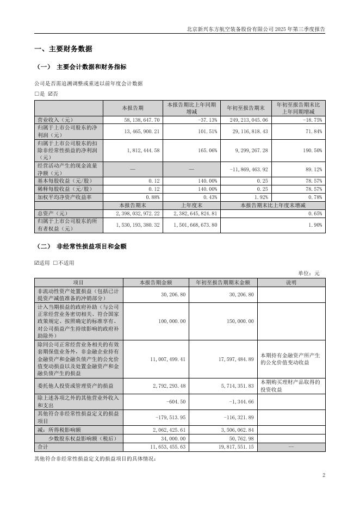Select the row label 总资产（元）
(53, 214)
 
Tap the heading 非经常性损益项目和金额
(91, 246)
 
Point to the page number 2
(324, 475)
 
